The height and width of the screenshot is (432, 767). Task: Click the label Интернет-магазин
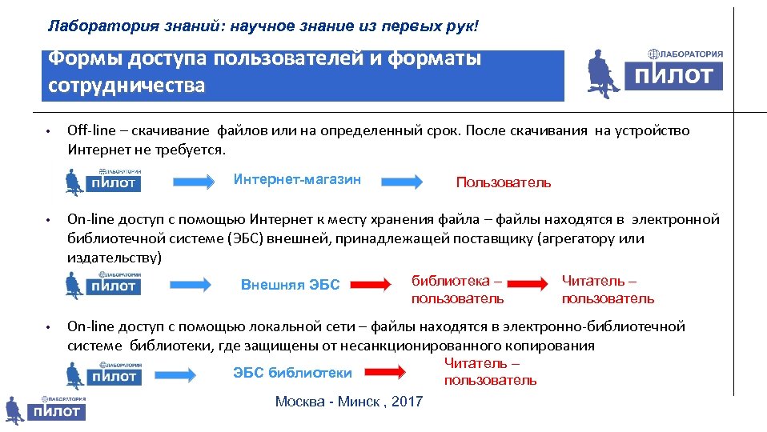tap(297, 179)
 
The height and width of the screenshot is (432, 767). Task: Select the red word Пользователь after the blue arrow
tap(503, 182)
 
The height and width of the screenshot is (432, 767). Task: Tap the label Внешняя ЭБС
tap(290, 286)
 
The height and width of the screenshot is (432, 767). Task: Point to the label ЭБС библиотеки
tap(292, 373)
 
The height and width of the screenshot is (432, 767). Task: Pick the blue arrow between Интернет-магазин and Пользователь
tap(401, 182)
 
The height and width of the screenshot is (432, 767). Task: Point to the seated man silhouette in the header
tap(604, 73)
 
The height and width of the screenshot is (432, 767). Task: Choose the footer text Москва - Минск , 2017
tap(348, 402)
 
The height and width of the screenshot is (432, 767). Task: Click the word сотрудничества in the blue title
tap(126, 86)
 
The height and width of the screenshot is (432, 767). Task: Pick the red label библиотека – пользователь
tap(457, 290)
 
